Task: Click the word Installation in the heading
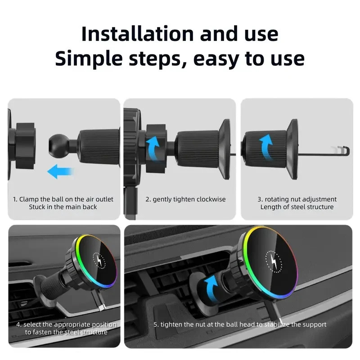point(138,34)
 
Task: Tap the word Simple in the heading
point(89,59)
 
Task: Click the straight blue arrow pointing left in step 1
point(60,171)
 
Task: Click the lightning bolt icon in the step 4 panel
point(99,261)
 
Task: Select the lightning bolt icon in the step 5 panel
point(273,261)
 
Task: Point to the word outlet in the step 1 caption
point(104,199)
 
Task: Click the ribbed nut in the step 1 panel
point(99,147)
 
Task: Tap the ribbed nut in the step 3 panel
point(264,146)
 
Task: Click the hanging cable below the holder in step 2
point(130,202)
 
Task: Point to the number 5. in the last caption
point(156,324)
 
